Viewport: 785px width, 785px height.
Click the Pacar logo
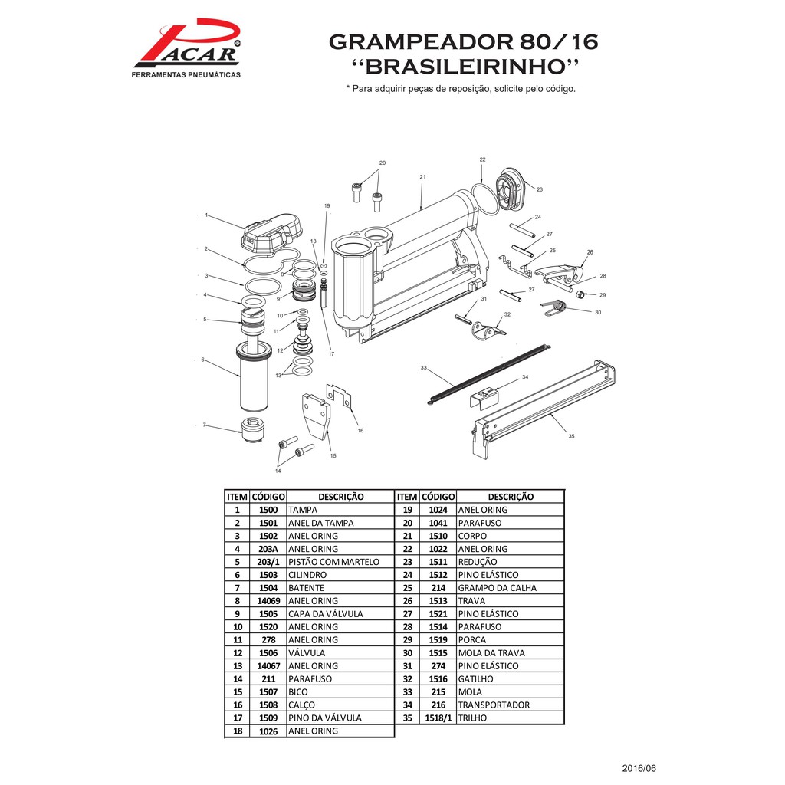coord(186,48)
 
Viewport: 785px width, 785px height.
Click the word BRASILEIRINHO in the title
coord(468,66)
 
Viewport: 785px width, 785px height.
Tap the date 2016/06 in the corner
coord(639,768)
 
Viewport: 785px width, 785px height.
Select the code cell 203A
coord(268,549)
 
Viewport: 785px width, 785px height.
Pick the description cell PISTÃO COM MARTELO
coord(333,562)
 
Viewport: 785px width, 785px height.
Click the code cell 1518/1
coord(438,718)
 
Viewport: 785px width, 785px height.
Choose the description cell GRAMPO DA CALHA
coord(497,588)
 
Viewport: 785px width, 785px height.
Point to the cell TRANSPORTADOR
coord(494,705)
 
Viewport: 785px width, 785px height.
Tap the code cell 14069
coord(268,601)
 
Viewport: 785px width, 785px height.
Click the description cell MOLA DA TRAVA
coord(491,653)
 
